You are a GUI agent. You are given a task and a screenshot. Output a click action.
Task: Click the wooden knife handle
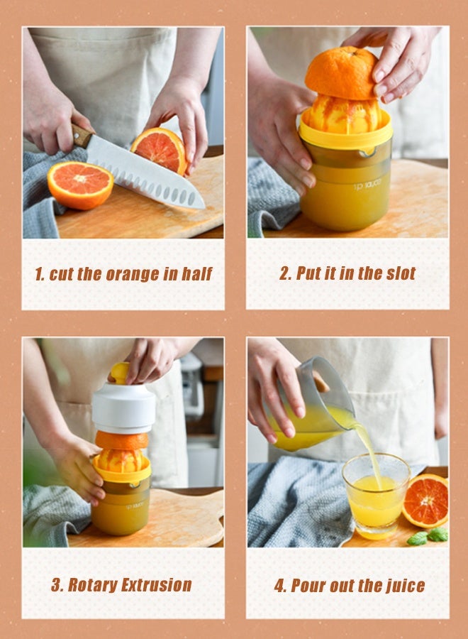click(x=82, y=135)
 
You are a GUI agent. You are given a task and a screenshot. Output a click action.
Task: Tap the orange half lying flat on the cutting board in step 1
click(x=80, y=185)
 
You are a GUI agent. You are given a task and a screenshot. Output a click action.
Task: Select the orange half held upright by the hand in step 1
click(x=160, y=148)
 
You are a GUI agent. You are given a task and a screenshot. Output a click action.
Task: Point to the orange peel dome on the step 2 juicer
click(x=341, y=74)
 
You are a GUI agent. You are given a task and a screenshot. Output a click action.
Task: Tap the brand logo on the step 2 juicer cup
click(x=367, y=185)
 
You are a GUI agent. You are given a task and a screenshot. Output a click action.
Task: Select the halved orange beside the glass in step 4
click(x=426, y=501)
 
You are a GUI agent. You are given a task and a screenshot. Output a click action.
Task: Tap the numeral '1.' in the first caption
click(x=40, y=275)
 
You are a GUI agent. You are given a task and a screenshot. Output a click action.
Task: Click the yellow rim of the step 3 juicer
click(x=122, y=474)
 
